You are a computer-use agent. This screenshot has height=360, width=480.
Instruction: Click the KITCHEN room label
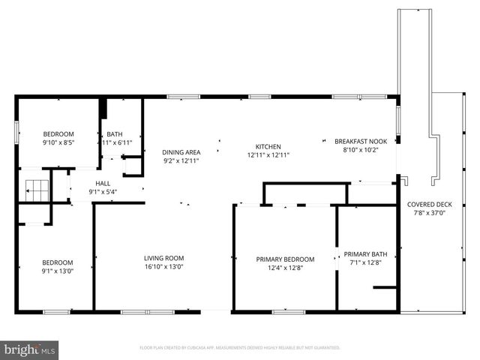268,147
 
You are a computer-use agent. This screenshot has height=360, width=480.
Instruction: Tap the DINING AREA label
181,152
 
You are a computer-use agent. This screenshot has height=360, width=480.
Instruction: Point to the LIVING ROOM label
164,258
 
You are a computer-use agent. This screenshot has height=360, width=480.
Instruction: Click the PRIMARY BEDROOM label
285,259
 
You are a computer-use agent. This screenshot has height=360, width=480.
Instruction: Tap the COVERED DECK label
430,205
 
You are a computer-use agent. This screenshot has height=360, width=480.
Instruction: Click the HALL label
103,184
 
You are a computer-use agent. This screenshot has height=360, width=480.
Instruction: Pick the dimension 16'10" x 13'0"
164,266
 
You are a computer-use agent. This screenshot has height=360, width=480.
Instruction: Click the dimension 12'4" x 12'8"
285,268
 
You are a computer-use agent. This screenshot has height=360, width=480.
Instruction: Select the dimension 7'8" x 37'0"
430,213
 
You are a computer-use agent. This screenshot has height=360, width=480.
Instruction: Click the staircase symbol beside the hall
37,189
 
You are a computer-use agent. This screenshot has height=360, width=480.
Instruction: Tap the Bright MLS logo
29,349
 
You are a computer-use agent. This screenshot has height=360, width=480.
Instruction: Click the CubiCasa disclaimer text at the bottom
240,348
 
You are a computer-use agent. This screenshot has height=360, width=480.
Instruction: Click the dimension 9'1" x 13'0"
57,271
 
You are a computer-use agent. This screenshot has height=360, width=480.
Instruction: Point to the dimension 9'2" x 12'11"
181,160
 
